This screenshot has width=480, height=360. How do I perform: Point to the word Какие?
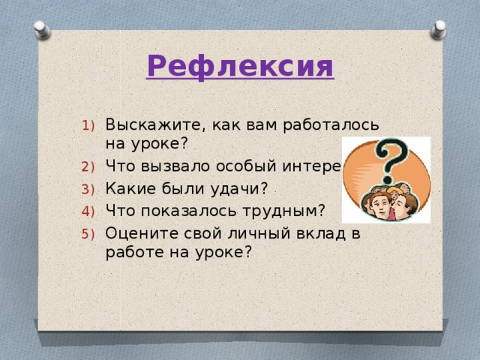coord(130,187)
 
